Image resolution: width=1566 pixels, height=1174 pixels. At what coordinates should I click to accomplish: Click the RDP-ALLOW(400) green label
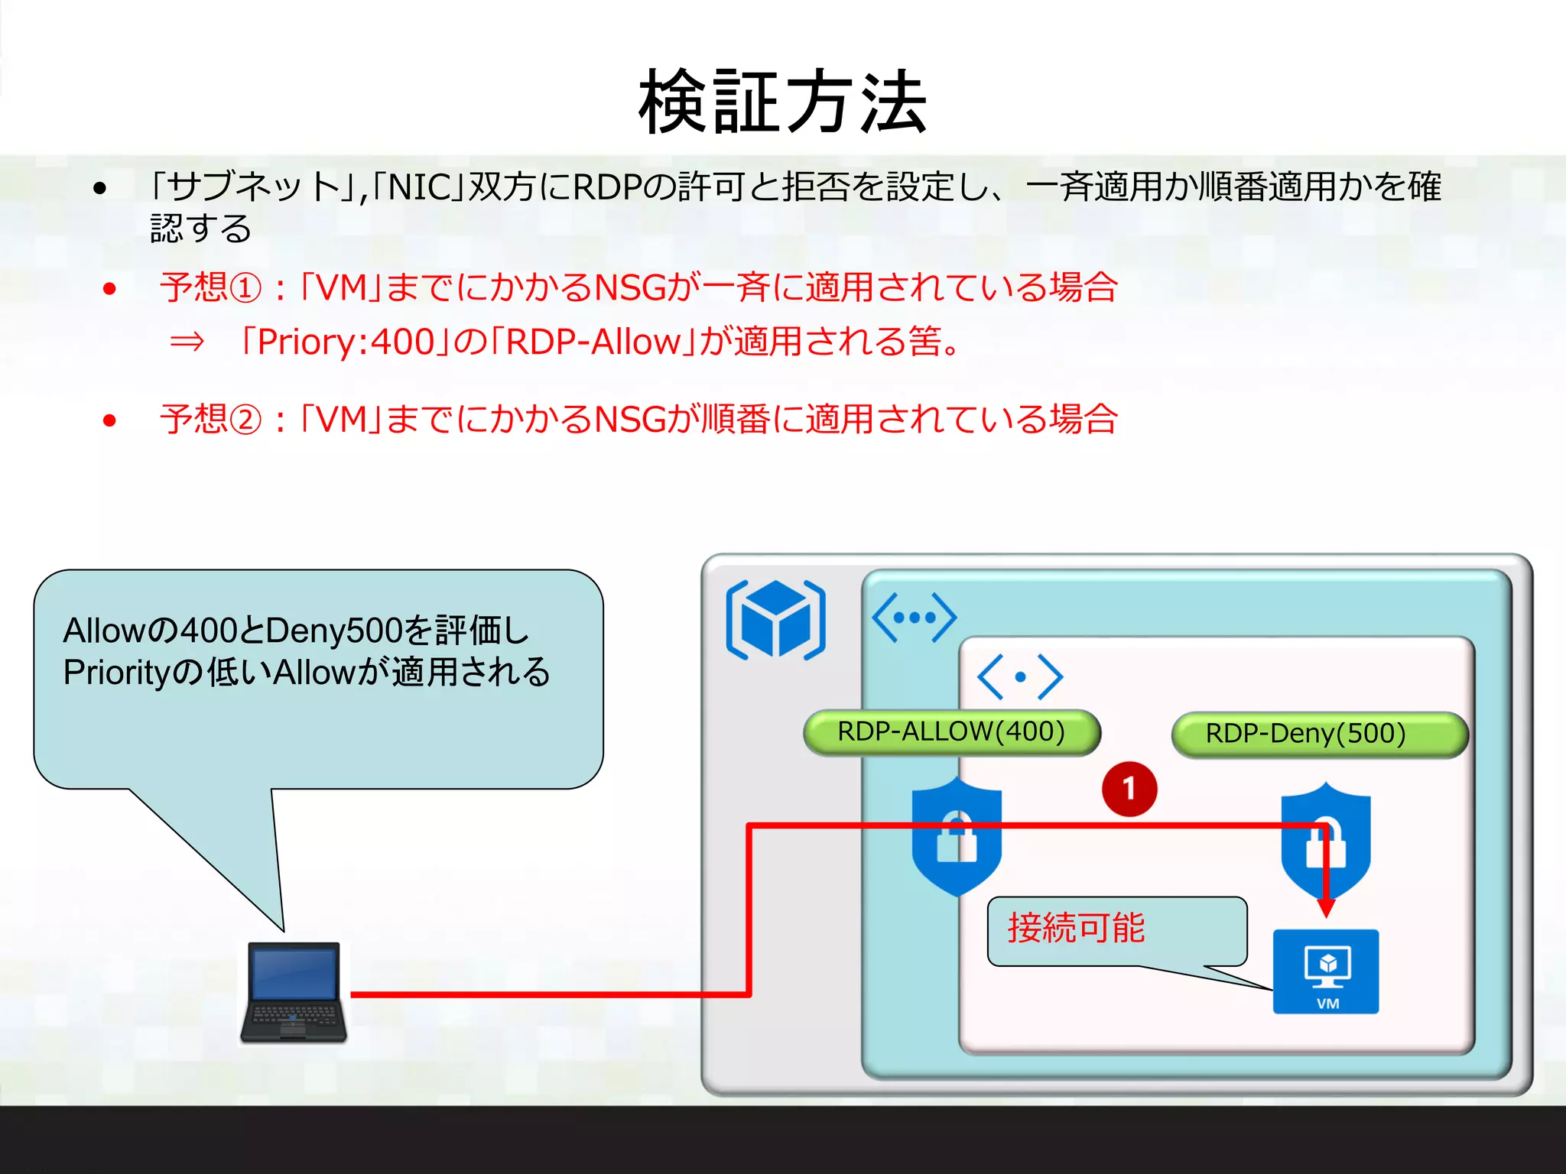pyautogui.click(x=951, y=732)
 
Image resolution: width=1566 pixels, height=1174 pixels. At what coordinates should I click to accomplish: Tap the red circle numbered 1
pyautogui.click(x=1129, y=789)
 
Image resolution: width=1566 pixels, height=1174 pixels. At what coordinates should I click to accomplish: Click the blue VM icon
pyautogui.click(x=1325, y=971)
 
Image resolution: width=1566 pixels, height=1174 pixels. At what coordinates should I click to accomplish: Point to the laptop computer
pyautogui.click(x=294, y=992)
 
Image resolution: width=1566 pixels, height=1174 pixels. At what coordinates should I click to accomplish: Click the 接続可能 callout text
pyautogui.click(x=1076, y=928)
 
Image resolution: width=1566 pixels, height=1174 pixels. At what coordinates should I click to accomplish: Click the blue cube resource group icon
pyautogui.click(x=775, y=619)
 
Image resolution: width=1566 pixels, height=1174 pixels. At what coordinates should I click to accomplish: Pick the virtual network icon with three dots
pyautogui.click(x=914, y=617)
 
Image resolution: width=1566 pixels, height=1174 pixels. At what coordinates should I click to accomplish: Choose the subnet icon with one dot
pyautogui.click(x=1020, y=676)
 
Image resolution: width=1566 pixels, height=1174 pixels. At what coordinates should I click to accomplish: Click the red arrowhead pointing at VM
pyautogui.click(x=1327, y=908)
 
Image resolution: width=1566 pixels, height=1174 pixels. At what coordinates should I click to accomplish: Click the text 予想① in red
pyautogui.click(x=210, y=288)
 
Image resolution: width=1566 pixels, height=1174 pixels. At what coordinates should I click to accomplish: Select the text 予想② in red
pyautogui.click(x=210, y=420)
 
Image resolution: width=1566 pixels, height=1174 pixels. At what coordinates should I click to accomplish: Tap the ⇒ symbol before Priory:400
pyautogui.click(x=187, y=342)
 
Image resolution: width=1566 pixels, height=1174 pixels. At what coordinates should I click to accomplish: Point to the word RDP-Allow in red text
pyautogui.click(x=593, y=342)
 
